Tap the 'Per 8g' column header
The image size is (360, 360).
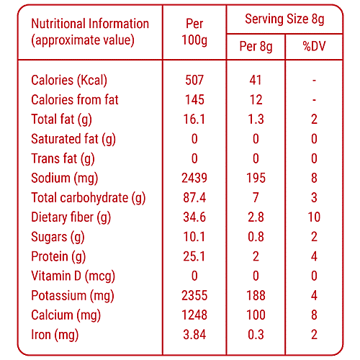tap(256, 48)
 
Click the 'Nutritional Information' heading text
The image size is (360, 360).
tap(90, 23)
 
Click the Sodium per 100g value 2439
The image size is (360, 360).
tap(194, 178)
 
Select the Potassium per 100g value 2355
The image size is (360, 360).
tap(194, 295)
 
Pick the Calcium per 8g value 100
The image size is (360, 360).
tap(256, 315)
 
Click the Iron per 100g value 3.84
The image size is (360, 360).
tap(194, 334)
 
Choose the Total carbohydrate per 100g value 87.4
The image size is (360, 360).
tap(194, 197)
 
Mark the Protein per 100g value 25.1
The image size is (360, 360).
tap(194, 256)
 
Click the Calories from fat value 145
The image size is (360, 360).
tap(194, 99)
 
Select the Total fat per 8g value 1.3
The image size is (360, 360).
tap(256, 119)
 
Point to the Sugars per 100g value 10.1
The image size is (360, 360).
tap(194, 236)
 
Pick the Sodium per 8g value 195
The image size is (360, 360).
tap(256, 178)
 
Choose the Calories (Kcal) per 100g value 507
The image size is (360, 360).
tap(194, 80)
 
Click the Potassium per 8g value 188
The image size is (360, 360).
tap(256, 295)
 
